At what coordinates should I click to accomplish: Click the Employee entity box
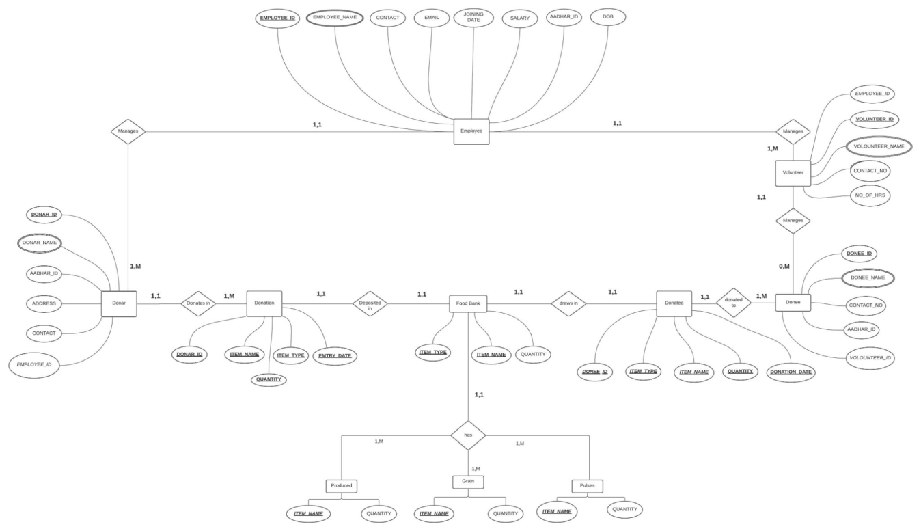coord(472,131)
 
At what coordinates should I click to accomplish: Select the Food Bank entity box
coord(468,303)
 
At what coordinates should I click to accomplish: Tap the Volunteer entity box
coord(793,173)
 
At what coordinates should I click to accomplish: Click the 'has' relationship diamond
coord(468,435)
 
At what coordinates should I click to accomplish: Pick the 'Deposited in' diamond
coord(370,303)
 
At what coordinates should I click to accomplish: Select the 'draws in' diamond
coord(568,303)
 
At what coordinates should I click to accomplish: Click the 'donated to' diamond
coord(733,303)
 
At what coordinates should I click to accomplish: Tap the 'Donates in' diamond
coord(198,303)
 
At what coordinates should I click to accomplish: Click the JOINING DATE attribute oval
coord(473,17)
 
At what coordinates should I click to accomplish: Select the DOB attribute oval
coord(607,16)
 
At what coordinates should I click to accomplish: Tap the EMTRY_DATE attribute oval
coord(335,355)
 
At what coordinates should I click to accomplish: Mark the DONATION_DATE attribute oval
coord(792,373)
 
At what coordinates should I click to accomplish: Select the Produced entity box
coord(342,485)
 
